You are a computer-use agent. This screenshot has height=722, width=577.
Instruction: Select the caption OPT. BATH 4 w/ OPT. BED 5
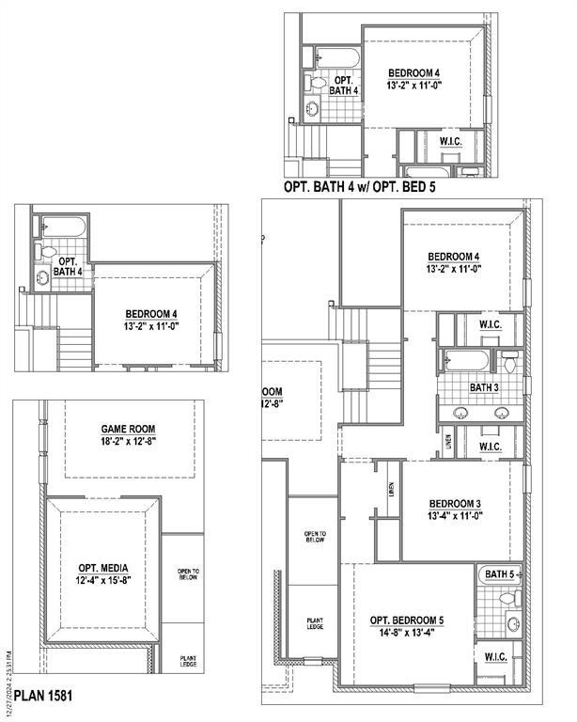click(x=359, y=187)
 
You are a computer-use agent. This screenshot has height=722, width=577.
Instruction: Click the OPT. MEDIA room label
click(x=102, y=569)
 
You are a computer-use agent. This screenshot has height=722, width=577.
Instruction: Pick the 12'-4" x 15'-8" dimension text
click(x=102, y=581)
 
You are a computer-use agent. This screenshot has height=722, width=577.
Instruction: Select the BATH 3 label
click(x=484, y=386)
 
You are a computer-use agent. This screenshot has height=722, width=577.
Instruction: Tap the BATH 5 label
click(x=499, y=573)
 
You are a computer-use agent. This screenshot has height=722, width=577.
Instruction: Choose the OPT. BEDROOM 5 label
click(x=407, y=620)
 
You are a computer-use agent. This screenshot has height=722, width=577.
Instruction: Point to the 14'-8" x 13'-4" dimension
click(x=407, y=633)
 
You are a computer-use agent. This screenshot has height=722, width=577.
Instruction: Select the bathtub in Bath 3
click(x=466, y=360)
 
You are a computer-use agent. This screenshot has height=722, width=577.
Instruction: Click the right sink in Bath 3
click(x=502, y=412)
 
